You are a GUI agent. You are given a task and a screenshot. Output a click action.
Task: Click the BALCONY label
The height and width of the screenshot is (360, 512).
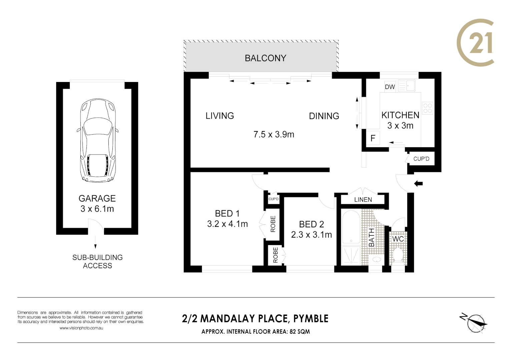265,58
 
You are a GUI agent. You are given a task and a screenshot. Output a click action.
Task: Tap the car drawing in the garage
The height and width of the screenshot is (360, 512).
98,140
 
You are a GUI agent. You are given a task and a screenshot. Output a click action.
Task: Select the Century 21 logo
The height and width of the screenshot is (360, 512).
475,43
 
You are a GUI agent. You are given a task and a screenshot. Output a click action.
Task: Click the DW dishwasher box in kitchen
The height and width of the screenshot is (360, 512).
390,87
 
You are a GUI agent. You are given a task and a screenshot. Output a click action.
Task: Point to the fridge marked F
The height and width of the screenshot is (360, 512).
373,138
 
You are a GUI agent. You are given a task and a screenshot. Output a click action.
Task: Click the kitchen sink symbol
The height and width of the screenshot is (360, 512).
407,86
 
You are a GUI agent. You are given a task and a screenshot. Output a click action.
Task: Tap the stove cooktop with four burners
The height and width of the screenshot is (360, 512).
427,108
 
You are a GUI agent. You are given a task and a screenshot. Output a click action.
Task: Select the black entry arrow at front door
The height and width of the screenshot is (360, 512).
418,183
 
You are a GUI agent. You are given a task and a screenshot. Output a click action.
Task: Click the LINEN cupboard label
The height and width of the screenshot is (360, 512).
363,200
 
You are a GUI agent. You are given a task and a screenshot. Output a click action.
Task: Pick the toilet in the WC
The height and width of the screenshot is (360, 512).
398,255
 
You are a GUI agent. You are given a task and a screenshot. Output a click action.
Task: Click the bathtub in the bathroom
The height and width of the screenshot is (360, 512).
351,227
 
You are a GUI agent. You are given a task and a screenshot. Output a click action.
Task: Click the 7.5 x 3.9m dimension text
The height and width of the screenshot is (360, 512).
274,134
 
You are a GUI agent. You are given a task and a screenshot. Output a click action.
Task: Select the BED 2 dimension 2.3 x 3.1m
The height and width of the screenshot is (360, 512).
311,235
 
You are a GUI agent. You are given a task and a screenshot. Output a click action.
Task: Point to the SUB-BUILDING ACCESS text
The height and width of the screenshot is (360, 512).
97,261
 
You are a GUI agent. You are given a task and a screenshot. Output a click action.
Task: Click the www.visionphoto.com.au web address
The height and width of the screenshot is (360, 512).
81,328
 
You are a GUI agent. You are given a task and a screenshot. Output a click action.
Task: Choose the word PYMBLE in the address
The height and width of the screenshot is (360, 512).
311,319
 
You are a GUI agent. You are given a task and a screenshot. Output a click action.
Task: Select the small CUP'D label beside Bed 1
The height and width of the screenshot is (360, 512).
273,199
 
